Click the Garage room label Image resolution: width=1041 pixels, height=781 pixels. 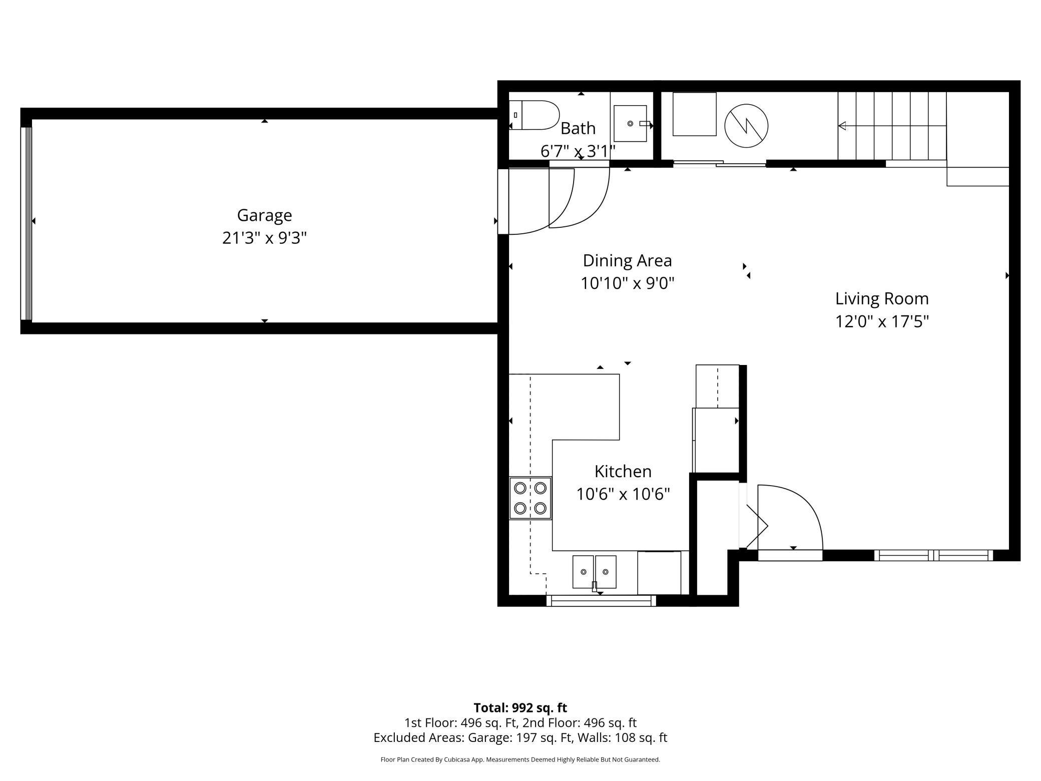click(264, 215)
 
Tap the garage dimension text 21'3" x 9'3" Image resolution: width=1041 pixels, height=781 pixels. click(264, 238)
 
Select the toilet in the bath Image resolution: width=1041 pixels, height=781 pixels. click(534, 115)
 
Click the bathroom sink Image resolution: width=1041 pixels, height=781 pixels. click(630, 123)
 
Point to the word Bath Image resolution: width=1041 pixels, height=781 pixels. click(578, 129)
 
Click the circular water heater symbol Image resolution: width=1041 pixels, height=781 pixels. click(746, 126)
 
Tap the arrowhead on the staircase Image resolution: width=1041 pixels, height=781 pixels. click(842, 126)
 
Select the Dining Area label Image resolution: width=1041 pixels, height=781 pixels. click(627, 261)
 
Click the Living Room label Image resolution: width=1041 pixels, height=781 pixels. click(882, 299)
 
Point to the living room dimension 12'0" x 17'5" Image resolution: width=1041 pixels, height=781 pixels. click(882, 321)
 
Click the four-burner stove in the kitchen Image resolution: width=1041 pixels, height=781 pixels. click(531, 498)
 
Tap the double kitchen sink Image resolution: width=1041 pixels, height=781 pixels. click(595, 572)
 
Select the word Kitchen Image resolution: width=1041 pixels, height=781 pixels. click(623, 472)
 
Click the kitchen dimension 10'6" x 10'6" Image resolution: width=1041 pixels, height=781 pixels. click(623, 495)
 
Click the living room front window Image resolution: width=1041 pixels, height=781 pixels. click(934, 555)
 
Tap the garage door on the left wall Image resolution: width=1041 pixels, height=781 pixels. click(26, 223)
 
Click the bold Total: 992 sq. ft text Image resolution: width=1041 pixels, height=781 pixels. click(520, 708)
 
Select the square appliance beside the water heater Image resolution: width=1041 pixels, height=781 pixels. click(695, 114)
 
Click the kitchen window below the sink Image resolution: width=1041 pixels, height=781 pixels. click(601, 601)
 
